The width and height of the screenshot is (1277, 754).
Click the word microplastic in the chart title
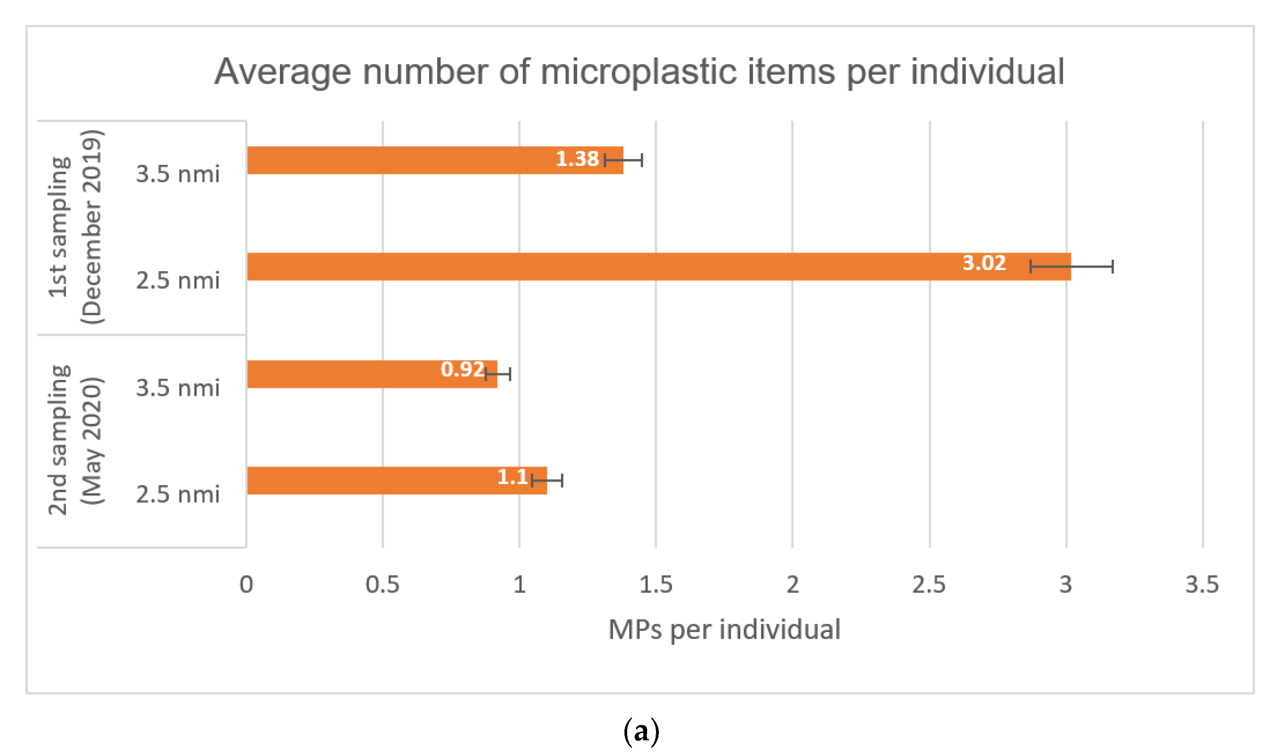[639, 72]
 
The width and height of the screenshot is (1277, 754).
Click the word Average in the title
[283, 72]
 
